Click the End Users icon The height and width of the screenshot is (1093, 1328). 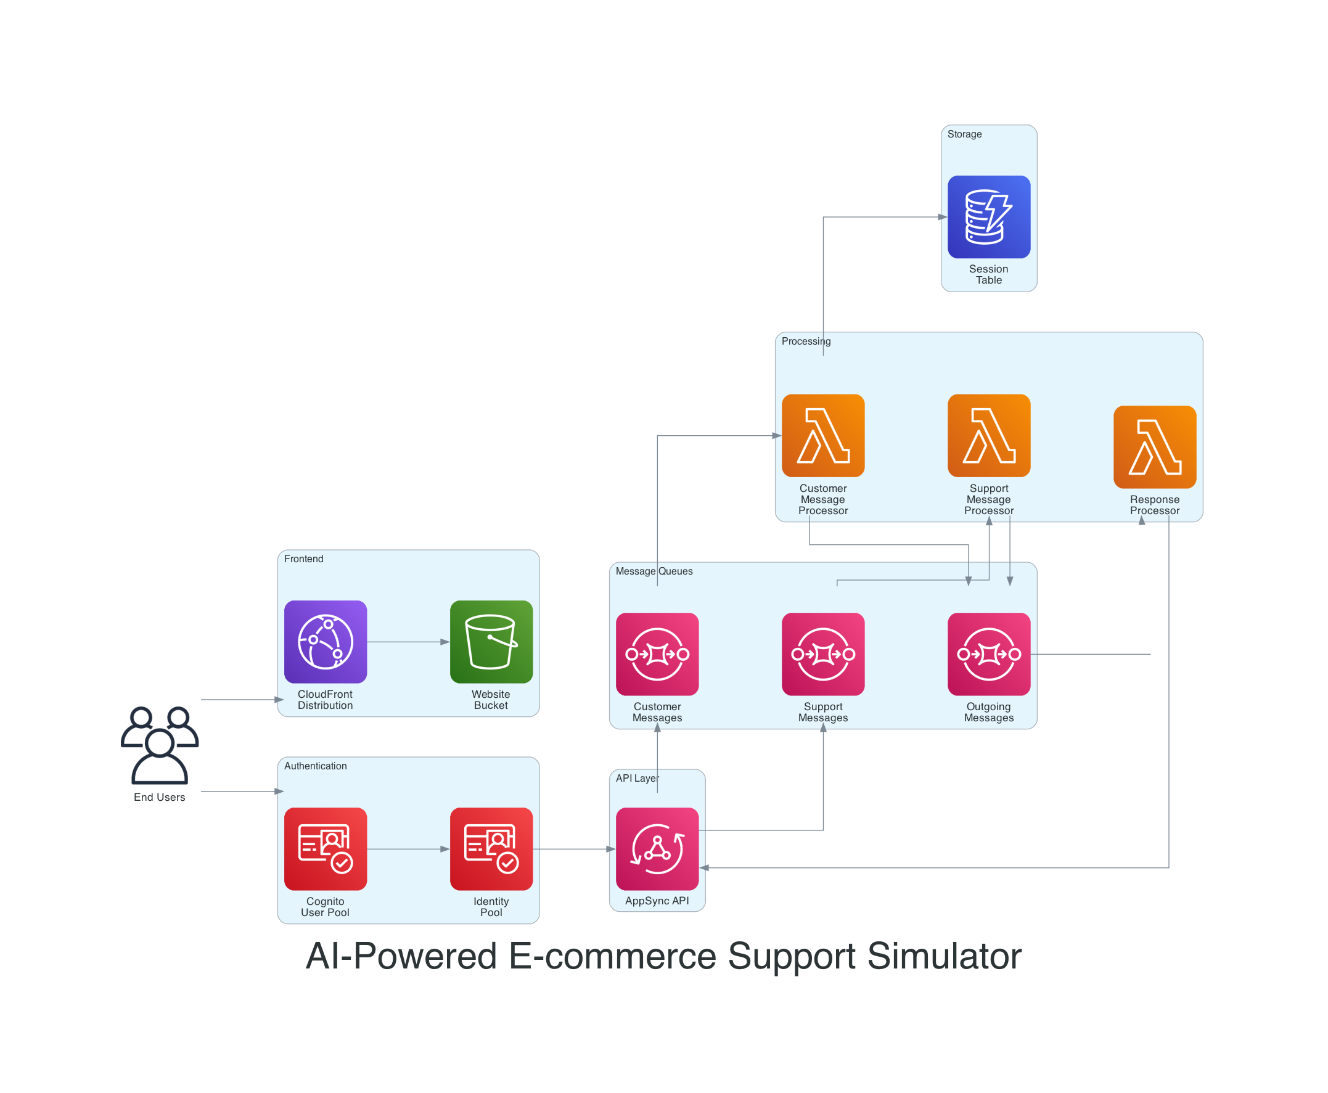click(x=159, y=745)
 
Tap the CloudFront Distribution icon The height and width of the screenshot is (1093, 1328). click(x=325, y=642)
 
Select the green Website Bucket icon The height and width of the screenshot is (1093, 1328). click(x=491, y=642)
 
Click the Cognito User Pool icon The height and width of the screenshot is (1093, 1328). click(x=325, y=849)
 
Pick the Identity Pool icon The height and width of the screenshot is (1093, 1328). click(x=491, y=849)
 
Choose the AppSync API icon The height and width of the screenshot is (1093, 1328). click(x=657, y=849)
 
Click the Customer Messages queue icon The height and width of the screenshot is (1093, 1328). click(x=657, y=654)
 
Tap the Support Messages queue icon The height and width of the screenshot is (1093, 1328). click(x=823, y=654)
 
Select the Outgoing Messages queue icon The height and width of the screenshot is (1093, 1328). click(x=988, y=654)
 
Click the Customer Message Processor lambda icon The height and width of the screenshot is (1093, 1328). click(x=823, y=435)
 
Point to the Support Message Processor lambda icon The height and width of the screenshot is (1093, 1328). click(x=988, y=435)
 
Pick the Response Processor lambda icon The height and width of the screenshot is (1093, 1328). click(x=1154, y=446)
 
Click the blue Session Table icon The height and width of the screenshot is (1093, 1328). click(x=988, y=216)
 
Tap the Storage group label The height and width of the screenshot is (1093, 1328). click(x=964, y=134)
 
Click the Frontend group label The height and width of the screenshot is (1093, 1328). click(x=303, y=559)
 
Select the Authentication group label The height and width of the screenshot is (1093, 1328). click(x=315, y=766)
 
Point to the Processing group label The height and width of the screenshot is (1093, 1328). click(x=805, y=342)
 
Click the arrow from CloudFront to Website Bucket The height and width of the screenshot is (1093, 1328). click(x=408, y=642)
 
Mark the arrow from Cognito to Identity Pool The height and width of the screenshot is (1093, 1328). click(x=408, y=849)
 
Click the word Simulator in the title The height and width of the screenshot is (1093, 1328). click(x=944, y=956)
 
